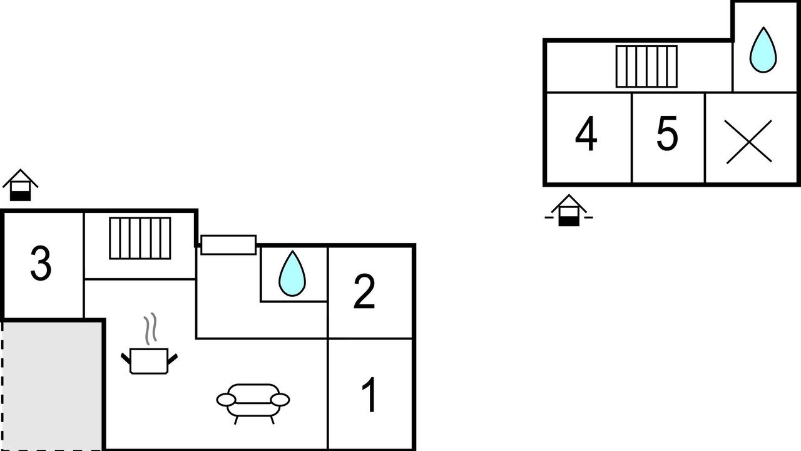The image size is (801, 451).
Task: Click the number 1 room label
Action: pos(369,395)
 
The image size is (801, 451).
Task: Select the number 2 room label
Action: pos(364,291)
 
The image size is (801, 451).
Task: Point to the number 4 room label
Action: pos(586,133)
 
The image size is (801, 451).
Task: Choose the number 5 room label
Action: pos(667,133)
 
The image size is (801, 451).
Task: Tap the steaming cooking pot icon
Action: pos(149,344)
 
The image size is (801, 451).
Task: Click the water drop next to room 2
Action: pos(292,274)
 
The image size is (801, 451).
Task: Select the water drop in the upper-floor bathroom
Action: pos(763,49)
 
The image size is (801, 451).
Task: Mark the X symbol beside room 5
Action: pos(748,142)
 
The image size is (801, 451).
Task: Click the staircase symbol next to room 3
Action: pos(140,238)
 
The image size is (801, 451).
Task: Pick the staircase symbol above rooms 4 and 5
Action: pos(646,66)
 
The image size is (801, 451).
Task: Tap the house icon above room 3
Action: pos(21,185)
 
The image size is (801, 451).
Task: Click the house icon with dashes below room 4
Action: pos(569,210)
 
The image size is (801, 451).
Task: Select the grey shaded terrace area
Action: pos(53,386)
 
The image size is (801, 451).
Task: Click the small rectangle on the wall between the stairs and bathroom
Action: pos(228,245)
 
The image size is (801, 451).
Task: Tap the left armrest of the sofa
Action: pos(226,400)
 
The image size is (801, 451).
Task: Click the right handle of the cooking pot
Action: pos(172,359)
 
